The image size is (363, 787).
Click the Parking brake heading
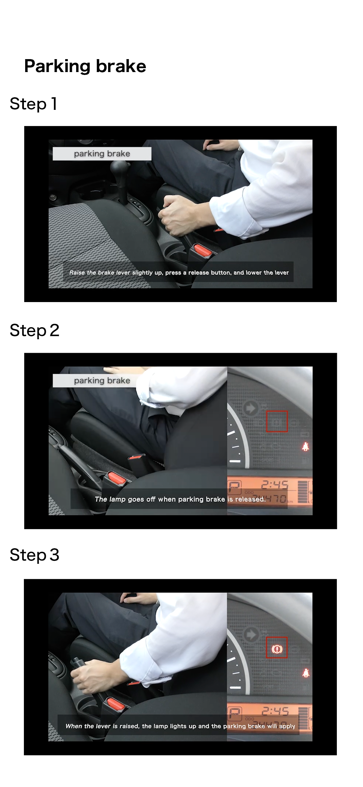click(x=85, y=67)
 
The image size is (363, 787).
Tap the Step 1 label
click(x=34, y=104)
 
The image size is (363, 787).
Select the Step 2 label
click(x=35, y=331)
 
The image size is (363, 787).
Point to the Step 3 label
click(x=35, y=555)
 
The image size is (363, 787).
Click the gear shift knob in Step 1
click(x=120, y=170)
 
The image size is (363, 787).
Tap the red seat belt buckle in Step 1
click(x=203, y=251)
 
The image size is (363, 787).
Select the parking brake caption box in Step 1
click(x=102, y=154)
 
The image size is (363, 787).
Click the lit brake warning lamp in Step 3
click(x=277, y=648)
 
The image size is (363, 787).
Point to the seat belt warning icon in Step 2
click(x=305, y=446)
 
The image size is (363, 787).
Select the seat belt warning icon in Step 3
click(x=305, y=673)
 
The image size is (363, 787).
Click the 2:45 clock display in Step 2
click(x=275, y=485)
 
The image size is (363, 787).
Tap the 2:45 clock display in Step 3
click(x=275, y=711)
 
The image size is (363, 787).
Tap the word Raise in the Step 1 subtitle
click(x=77, y=273)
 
